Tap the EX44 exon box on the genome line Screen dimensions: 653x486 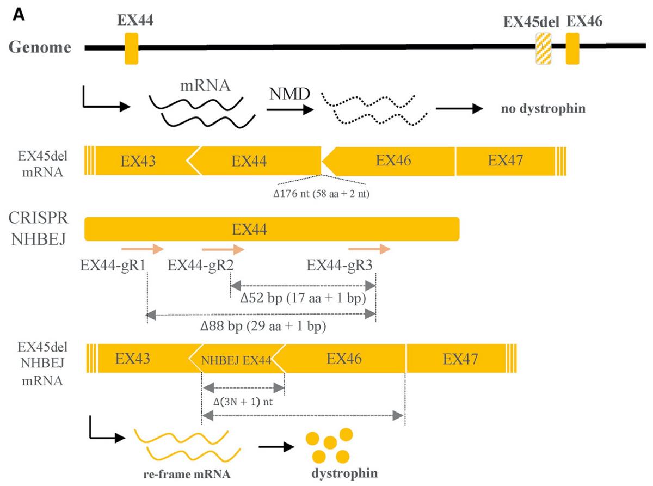(x=131, y=48)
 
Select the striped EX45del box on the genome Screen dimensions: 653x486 (x=543, y=48)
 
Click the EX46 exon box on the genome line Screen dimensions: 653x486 (x=572, y=48)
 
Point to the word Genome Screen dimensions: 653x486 (x=40, y=47)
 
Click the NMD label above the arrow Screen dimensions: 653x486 (x=289, y=94)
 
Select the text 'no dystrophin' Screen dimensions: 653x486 (x=543, y=108)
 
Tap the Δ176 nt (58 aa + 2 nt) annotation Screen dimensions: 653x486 (x=321, y=194)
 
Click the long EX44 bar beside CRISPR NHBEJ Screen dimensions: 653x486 (x=272, y=229)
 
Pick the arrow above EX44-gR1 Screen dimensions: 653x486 (x=143, y=249)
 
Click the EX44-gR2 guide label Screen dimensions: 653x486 (x=200, y=266)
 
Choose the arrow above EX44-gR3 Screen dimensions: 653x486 (x=369, y=249)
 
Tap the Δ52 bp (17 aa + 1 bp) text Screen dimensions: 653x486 (x=303, y=298)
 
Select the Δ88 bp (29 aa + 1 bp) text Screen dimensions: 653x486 (x=263, y=326)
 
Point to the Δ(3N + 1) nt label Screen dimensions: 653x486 (x=243, y=402)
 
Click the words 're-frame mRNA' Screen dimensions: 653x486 (x=187, y=474)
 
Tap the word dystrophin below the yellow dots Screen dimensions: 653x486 (x=344, y=473)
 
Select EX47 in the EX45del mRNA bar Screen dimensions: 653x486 (x=505, y=161)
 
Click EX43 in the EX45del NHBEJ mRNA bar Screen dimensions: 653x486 (x=133, y=359)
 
